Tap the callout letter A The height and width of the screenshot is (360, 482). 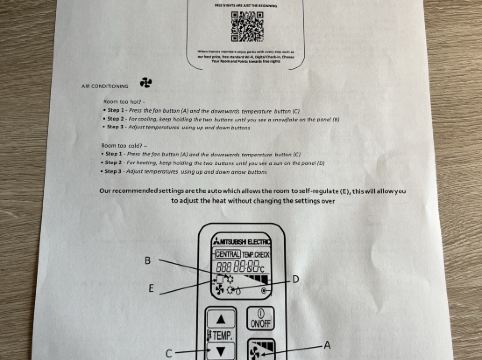pyautogui.click(x=325, y=343)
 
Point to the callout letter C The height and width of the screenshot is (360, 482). pyautogui.click(x=168, y=351)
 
